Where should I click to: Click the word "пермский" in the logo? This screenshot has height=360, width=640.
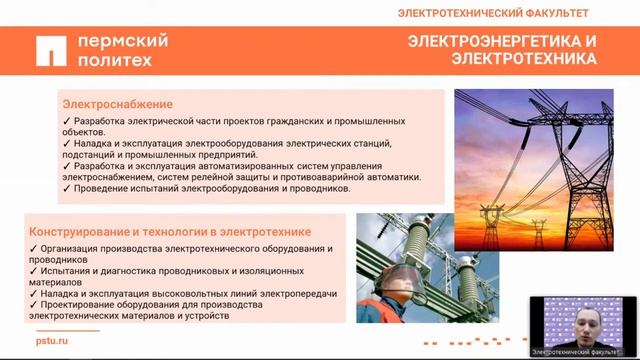124,41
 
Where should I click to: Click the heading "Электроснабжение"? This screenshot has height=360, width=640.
118,104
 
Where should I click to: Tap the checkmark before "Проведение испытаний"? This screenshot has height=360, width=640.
66,189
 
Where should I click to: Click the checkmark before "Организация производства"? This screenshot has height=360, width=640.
34,248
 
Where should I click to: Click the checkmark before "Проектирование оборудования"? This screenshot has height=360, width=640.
34,304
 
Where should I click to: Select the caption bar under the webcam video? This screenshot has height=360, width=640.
578,351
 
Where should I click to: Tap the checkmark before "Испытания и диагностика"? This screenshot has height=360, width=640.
34,270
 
